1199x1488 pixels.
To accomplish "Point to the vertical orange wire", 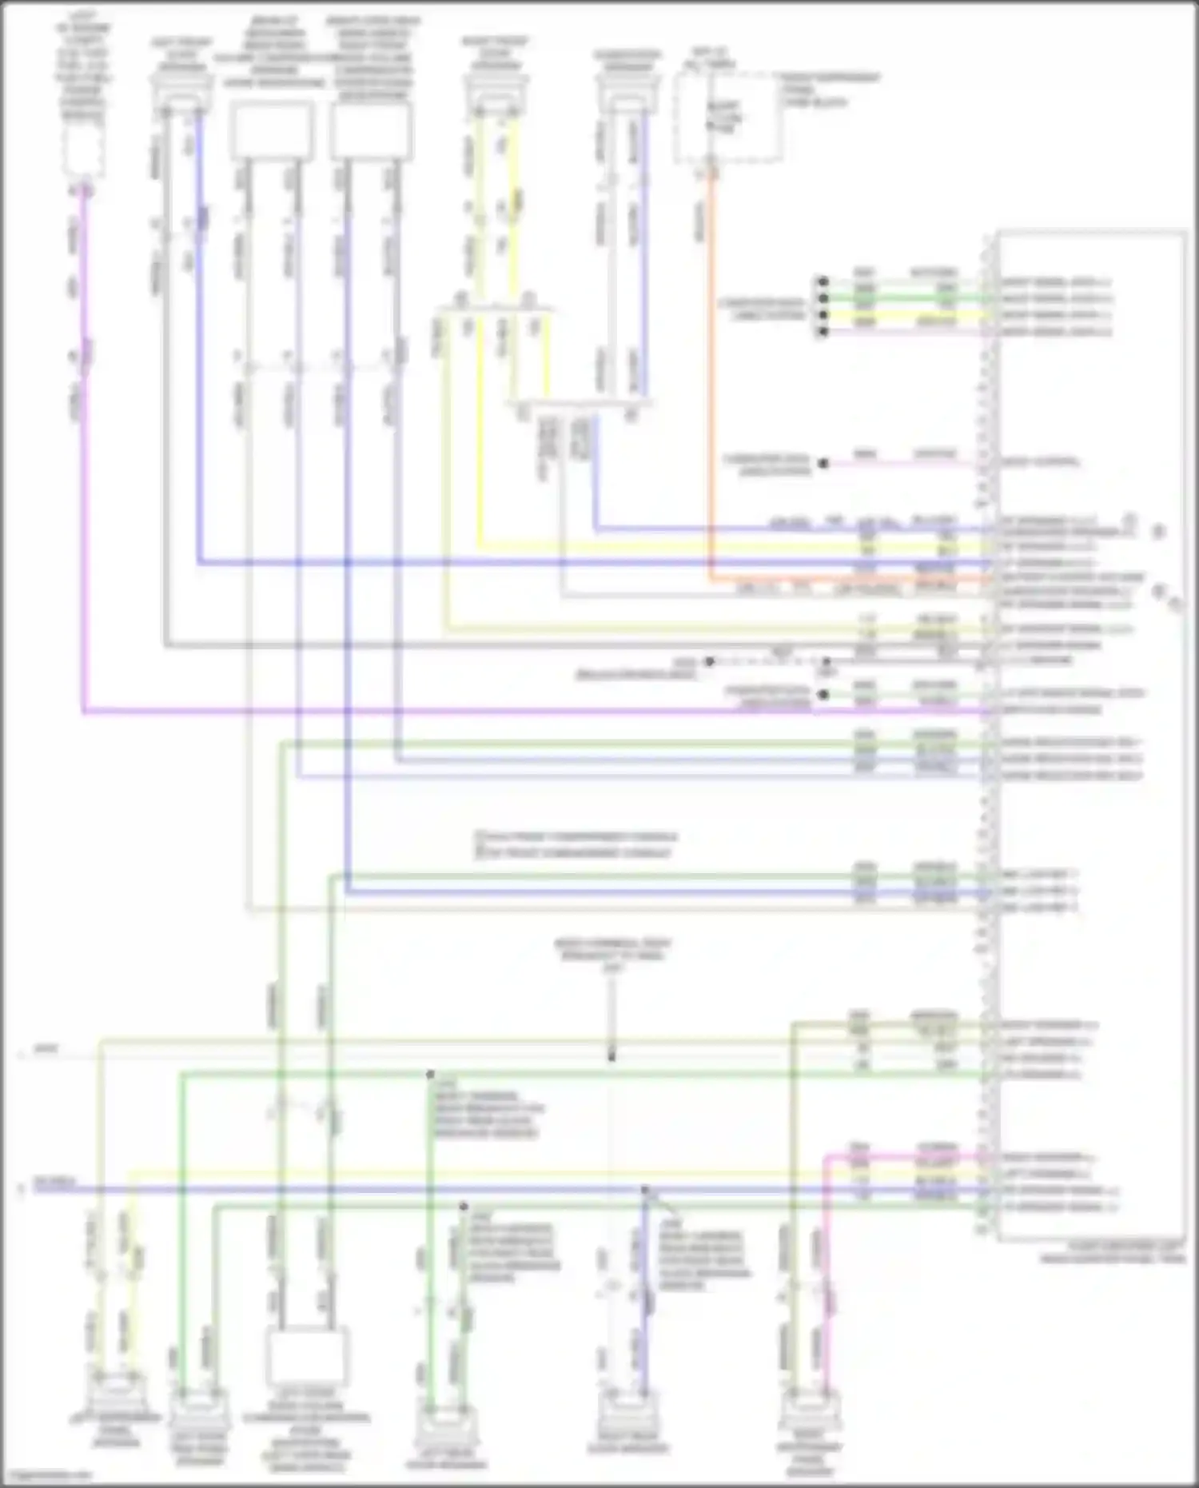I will [710, 376].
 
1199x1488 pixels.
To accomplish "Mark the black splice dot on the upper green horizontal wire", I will [430, 1075].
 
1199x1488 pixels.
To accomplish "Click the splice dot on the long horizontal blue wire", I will [645, 1190].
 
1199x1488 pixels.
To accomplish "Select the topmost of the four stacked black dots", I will [822, 281].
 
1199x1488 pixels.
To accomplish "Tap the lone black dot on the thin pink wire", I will [823, 463].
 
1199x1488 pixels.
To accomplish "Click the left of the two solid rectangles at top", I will [271, 130].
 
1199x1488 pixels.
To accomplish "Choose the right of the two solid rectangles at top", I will [371, 130].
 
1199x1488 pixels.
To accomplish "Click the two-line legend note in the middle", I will [576, 844].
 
